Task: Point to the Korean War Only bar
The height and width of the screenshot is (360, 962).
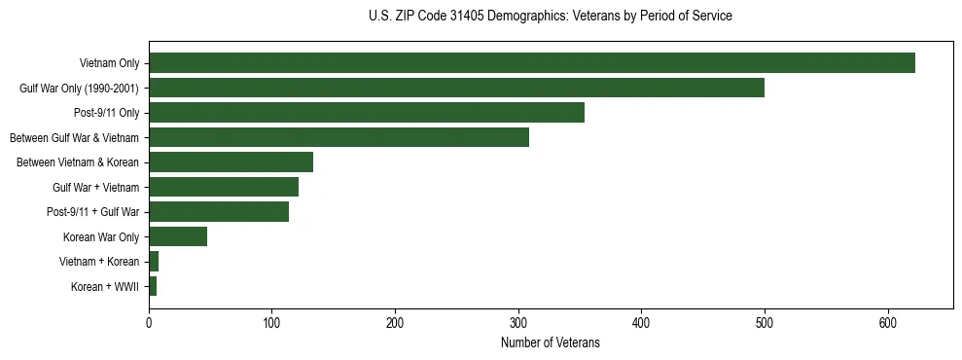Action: point(178,236)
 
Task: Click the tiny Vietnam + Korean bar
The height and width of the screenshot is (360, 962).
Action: point(154,261)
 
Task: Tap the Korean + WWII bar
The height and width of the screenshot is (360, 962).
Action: point(153,286)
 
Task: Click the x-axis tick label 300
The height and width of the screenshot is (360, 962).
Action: point(518,324)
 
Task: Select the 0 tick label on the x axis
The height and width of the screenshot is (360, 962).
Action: point(149,324)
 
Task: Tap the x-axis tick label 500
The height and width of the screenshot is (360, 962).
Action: point(765,324)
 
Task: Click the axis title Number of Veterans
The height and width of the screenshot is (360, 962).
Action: point(550,343)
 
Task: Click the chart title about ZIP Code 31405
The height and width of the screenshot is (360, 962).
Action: point(550,17)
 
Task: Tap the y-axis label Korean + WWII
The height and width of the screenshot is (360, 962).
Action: point(105,286)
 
